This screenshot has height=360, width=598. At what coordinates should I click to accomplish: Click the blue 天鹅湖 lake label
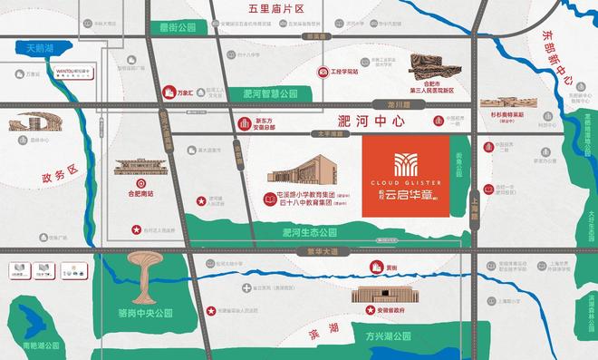39,47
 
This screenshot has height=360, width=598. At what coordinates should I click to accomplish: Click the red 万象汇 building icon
167,92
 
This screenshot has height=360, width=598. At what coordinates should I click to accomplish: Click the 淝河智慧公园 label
270,93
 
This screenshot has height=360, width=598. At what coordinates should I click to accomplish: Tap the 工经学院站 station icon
323,71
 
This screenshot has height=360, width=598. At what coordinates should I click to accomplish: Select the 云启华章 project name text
411,193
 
